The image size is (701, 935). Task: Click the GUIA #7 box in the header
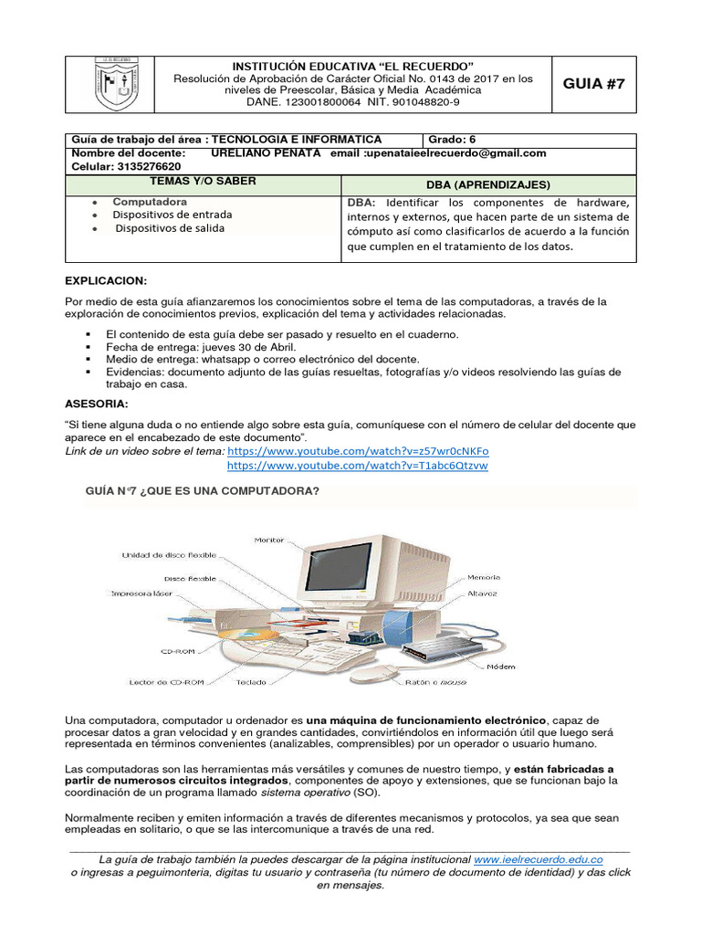[595, 84]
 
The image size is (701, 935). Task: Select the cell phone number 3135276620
[146, 167]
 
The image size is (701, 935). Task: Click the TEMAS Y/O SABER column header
[209, 182]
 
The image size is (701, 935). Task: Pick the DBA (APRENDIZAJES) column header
[488, 184]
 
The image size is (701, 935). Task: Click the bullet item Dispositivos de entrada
[173, 215]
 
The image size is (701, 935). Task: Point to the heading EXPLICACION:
[106, 280]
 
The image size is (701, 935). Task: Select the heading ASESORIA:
[97, 403]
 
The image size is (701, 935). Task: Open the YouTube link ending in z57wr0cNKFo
[358, 451]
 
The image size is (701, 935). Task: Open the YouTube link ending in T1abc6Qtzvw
[357, 466]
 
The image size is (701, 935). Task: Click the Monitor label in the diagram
[269, 540]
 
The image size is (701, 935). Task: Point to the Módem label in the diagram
[501, 667]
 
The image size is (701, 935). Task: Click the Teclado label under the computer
[252, 682]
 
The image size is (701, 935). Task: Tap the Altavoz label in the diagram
[482, 594]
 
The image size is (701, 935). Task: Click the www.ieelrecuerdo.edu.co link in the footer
[539, 860]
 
